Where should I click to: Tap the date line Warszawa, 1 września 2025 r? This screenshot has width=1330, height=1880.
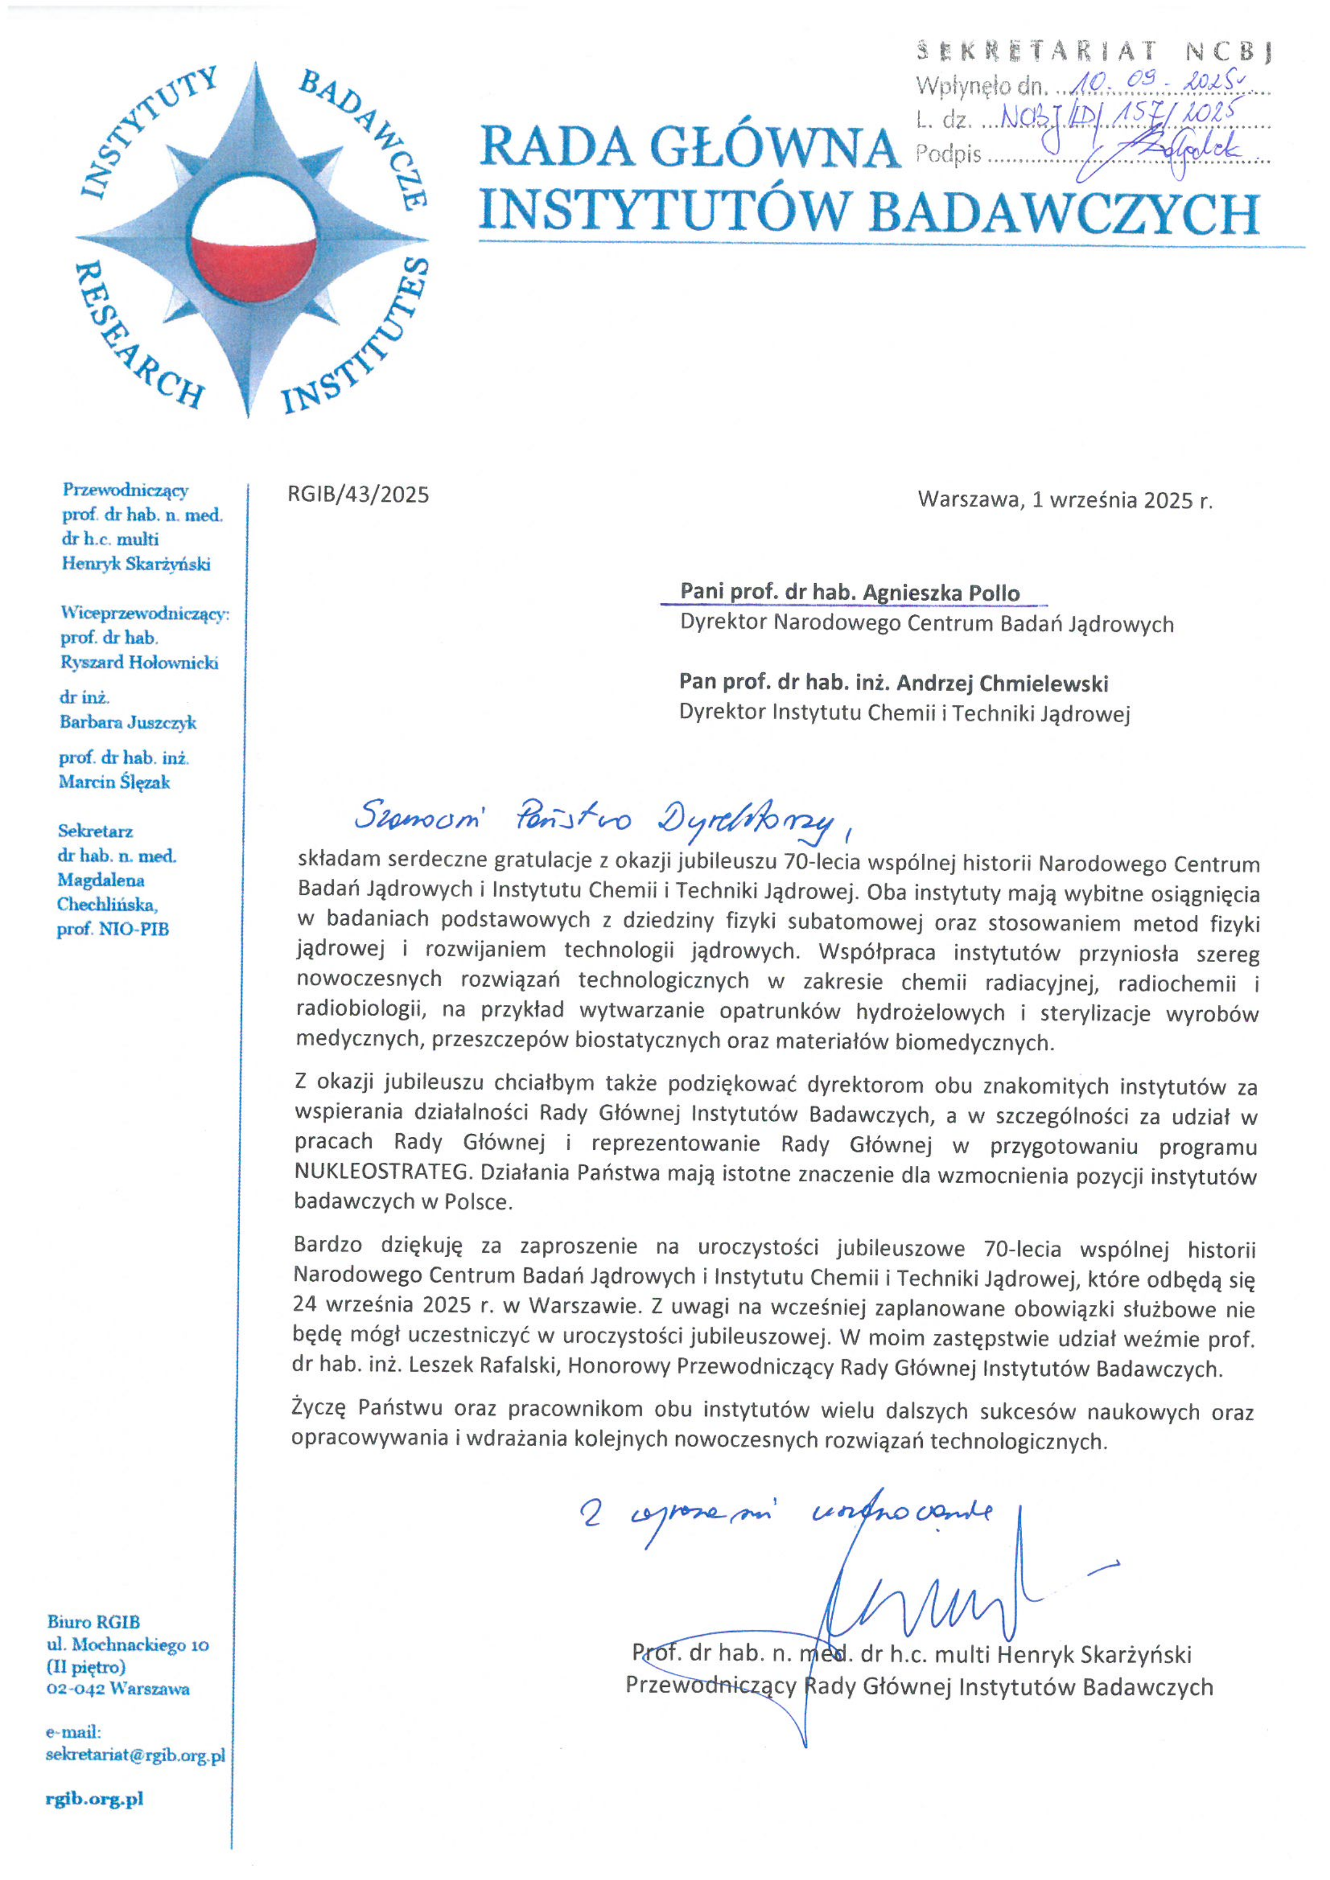click(x=1064, y=500)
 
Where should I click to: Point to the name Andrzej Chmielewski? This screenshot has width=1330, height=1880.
click(x=1002, y=683)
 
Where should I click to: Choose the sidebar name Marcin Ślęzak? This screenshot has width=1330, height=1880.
click(x=115, y=782)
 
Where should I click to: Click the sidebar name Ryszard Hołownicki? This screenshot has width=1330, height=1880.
click(x=139, y=663)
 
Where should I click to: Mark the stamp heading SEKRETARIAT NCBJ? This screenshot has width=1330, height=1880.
click(x=1094, y=52)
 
